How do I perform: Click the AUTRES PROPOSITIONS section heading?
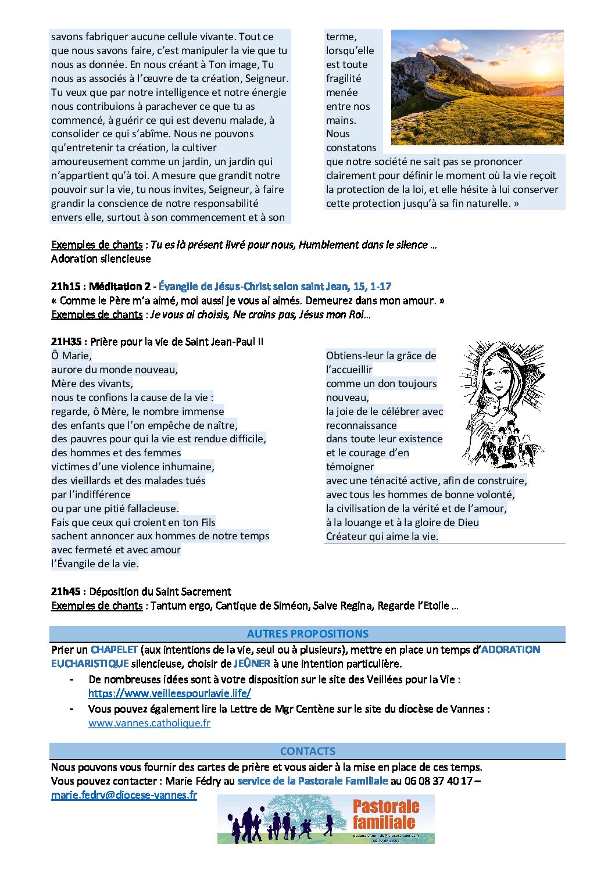click(307, 634)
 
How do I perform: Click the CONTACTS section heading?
click(307, 751)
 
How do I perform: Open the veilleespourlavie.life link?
click(170, 693)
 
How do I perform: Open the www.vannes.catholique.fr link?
click(149, 723)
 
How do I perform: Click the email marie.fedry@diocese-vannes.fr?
click(124, 795)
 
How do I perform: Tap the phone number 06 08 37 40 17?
click(438, 781)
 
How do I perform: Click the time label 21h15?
click(67, 287)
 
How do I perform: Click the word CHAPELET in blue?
click(114, 650)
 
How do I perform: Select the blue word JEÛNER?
click(252, 664)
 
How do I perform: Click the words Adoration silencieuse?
click(101, 259)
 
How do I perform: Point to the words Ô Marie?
click(71, 356)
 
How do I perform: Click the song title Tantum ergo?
click(180, 606)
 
